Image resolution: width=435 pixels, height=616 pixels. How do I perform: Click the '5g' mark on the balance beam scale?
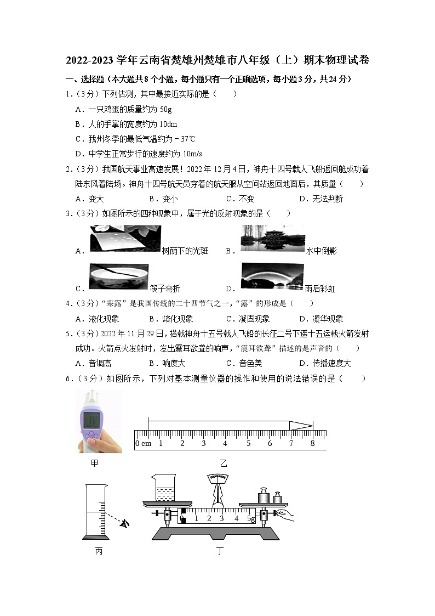point(251,518)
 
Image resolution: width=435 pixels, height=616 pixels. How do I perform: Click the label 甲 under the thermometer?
point(95,463)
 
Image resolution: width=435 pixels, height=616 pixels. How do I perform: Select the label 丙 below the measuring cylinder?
point(99,551)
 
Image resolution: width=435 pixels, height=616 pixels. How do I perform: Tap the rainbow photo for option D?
point(272,277)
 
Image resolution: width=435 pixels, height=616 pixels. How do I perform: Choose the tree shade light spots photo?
point(124,239)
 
